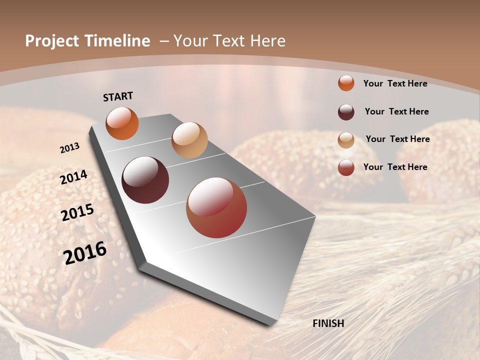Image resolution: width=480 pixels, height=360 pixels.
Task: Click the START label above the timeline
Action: tap(118, 96)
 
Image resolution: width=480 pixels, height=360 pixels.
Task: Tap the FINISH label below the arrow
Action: tap(328, 323)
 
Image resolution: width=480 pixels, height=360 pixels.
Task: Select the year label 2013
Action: tap(70, 148)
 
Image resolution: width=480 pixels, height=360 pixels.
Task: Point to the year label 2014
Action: tap(74, 177)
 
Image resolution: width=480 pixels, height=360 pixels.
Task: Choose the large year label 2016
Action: tap(85, 252)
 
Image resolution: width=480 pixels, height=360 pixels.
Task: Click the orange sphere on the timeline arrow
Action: tap(122, 123)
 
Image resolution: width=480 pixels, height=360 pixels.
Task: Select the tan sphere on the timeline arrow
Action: tap(189, 140)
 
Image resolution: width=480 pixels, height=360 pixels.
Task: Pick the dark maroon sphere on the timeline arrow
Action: tap(145, 180)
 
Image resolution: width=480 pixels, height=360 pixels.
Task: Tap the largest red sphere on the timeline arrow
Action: tap(216, 207)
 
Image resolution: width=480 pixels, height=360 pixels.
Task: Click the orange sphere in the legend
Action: tap(346, 83)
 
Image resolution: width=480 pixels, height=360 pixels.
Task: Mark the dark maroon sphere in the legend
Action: tap(346, 112)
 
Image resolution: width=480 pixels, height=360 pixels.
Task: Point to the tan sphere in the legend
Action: tap(346, 140)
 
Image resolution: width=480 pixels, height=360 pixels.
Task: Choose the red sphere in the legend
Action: tap(346, 167)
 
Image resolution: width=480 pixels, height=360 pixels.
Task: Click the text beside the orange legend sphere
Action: tap(395, 83)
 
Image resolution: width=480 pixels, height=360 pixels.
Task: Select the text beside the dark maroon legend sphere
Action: tap(396, 111)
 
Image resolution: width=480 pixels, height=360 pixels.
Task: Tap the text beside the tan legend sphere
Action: tap(397, 139)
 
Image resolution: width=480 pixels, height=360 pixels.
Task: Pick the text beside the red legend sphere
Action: tap(395, 167)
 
